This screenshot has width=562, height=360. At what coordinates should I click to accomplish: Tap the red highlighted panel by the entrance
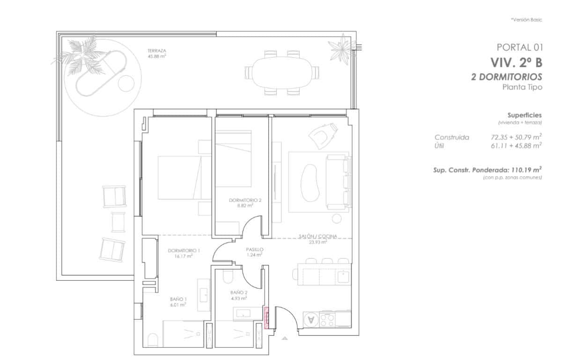(267, 318)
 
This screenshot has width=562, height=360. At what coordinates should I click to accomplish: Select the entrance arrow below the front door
(284, 338)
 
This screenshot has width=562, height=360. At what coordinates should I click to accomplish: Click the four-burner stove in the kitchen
(326, 320)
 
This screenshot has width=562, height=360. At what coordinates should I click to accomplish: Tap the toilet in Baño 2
(228, 277)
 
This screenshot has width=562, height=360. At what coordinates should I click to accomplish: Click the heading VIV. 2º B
(516, 62)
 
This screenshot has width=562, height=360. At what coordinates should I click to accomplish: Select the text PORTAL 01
(519, 47)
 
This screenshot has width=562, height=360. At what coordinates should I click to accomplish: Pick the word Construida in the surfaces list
(451, 137)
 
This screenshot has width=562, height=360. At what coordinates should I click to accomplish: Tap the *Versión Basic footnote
(526, 20)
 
